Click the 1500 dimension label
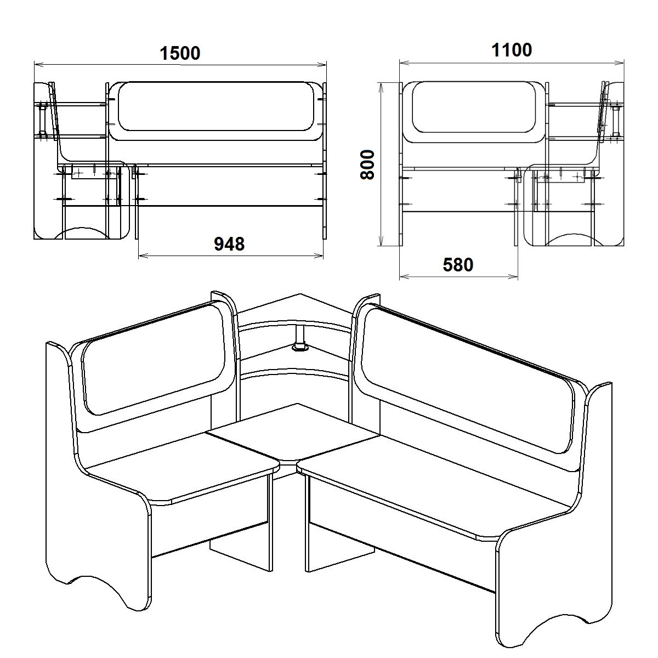click(x=180, y=53)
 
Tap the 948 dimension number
click(x=229, y=244)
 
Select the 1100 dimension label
click(x=512, y=50)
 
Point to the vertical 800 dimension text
click(x=368, y=164)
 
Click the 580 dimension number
click(x=458, y=265)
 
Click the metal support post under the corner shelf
click(x=300, y=338)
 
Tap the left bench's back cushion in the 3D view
click(x=154, y=359)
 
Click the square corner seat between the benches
click(x=294, y=433)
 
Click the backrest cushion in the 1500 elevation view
click(x=216, y=106)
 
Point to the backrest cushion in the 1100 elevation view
click(x=473, y=107)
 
